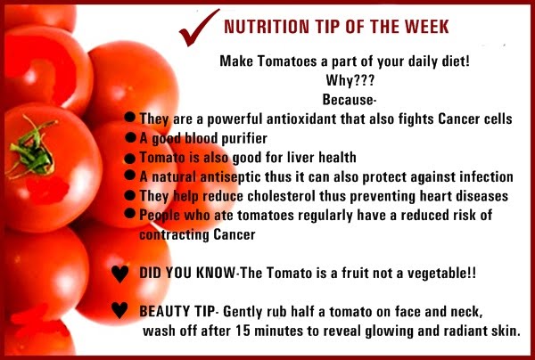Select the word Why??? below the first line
350,80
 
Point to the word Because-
350,100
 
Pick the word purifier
244,139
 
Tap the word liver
301,157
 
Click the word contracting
174,235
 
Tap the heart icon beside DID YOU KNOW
120,274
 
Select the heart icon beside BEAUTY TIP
119,310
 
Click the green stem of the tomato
31,149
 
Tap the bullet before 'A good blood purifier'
130,137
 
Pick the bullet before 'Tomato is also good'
130,159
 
